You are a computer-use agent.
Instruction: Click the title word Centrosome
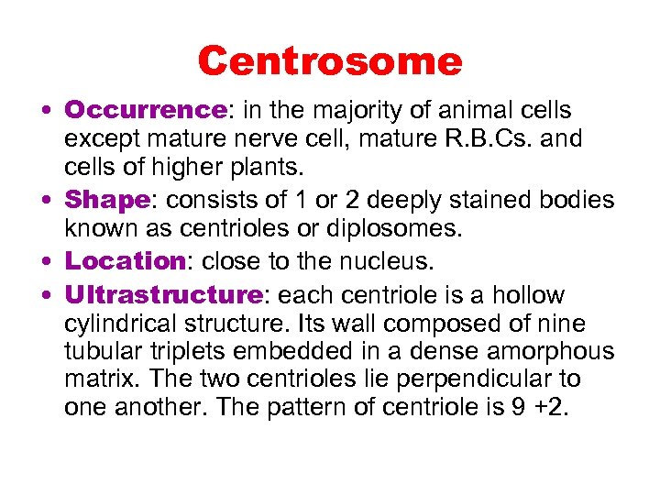coord(330,61)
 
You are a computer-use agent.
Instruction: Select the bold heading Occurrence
coord(145,112)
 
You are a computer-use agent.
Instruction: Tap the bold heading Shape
coord(106,200)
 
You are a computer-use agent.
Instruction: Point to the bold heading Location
coord(125,261)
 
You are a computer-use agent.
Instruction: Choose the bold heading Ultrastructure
coord(163,296)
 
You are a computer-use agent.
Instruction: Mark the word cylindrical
coord(124,324)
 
